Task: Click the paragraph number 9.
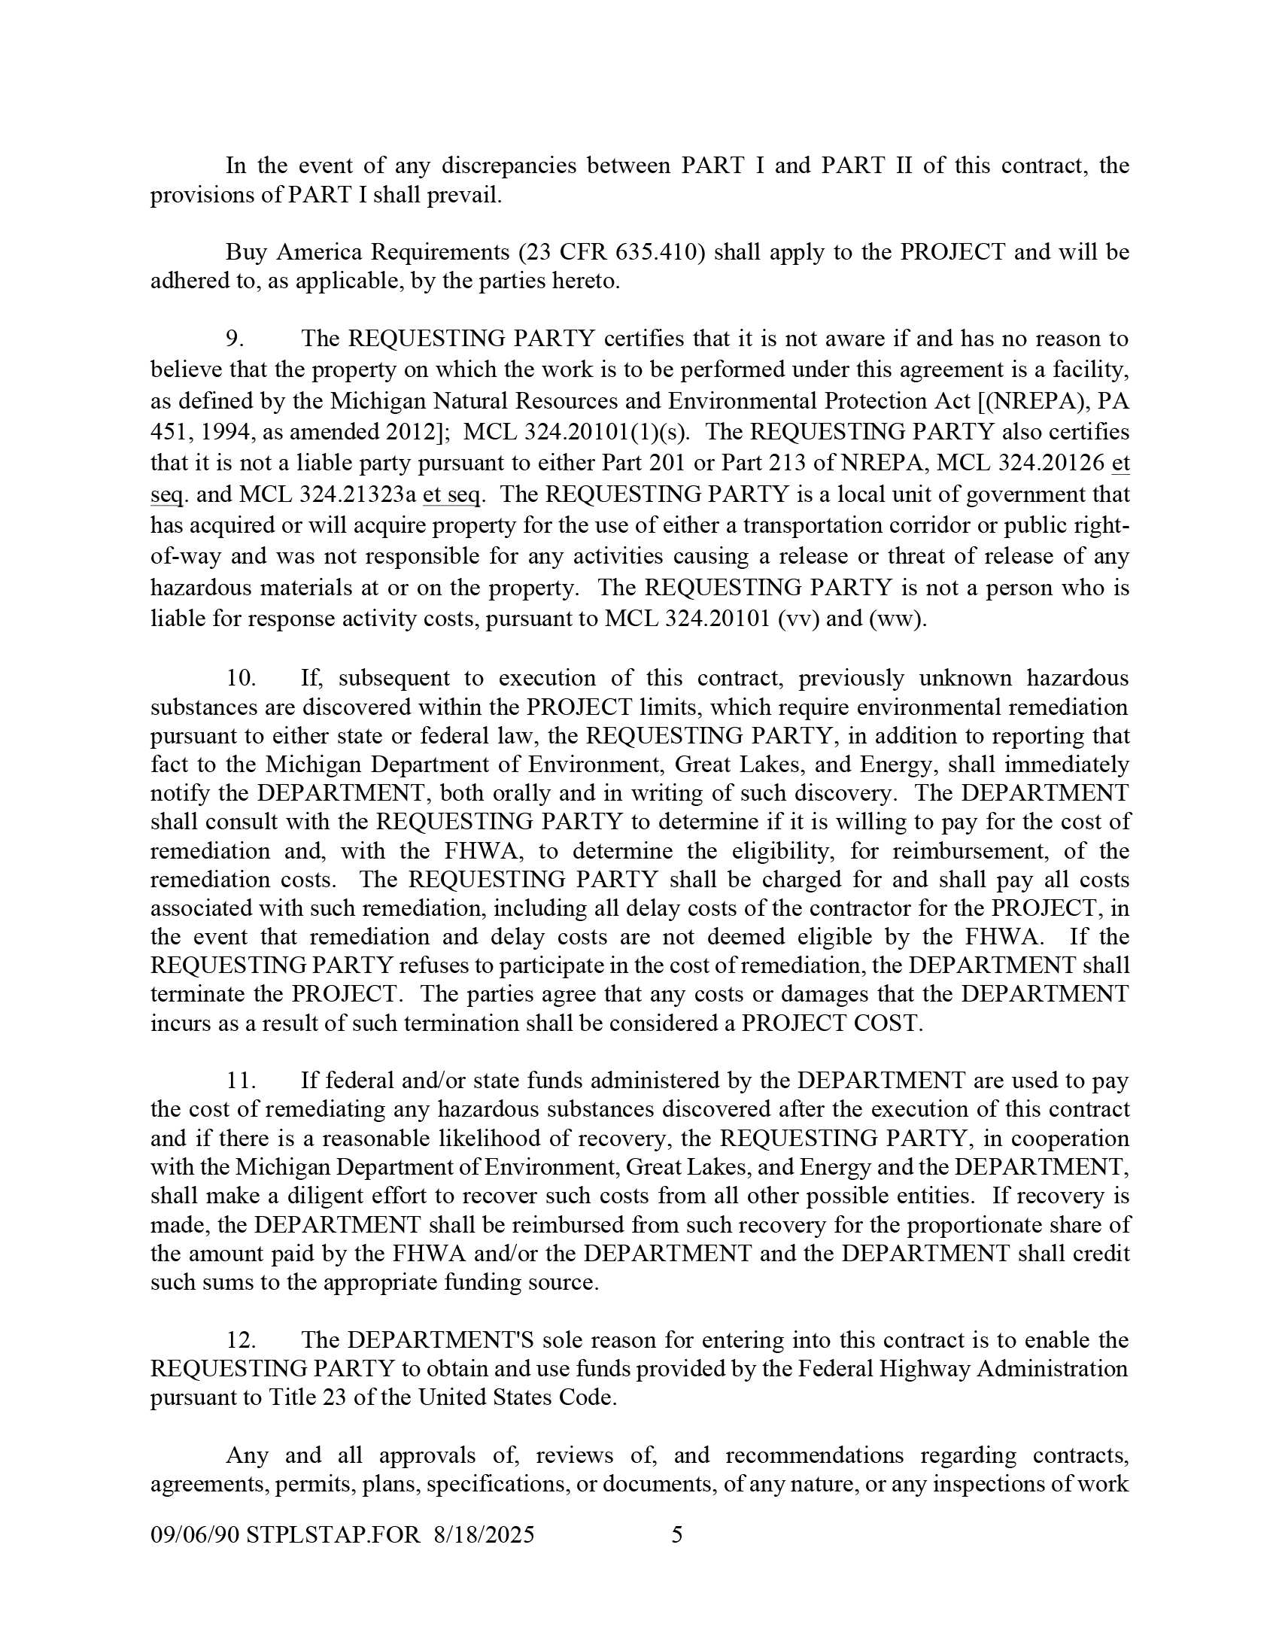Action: tap(234, 338)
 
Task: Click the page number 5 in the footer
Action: tap(677, 1534)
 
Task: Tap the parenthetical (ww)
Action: tap(897, 619)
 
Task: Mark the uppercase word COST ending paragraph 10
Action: tap(892, 1023)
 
